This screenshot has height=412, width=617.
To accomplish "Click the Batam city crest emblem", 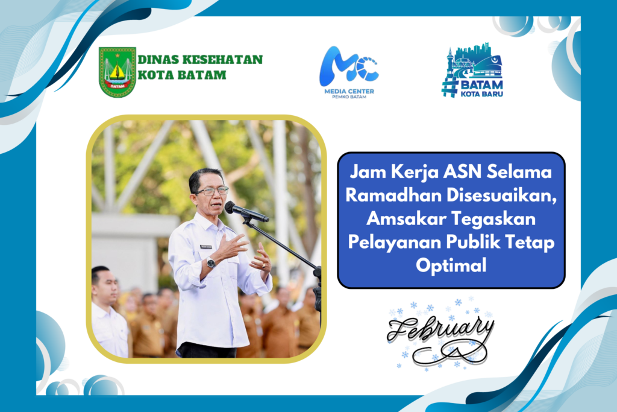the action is click(x=117, y=72).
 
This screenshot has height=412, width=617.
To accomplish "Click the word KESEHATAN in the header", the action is click(x=223, y=60).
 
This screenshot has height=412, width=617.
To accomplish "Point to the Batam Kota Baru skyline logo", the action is click(x=472, y=70).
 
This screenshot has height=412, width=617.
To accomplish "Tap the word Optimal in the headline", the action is click(x=451, y=265).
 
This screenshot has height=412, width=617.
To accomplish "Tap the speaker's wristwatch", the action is click(x=211, y=262).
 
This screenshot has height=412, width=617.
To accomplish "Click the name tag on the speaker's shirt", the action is click(x=206, y=247).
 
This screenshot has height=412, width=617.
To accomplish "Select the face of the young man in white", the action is click(x=107, y=285).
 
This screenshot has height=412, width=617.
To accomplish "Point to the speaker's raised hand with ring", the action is click(x=262, y=259).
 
